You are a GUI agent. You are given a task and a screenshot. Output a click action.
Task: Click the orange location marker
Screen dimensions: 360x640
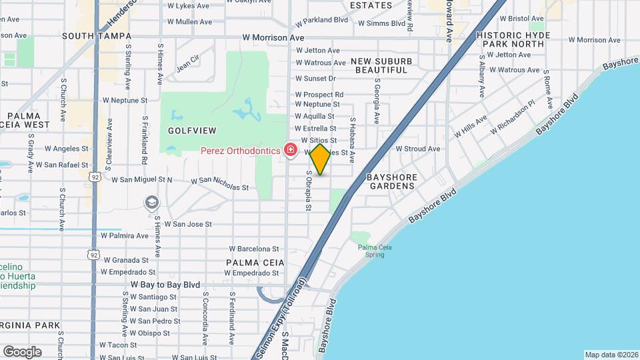(x=321, y=160)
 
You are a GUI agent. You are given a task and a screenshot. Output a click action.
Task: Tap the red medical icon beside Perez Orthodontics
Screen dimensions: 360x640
(x=290, y=151)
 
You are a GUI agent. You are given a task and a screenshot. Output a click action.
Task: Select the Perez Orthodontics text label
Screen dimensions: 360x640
(x=241, y=151)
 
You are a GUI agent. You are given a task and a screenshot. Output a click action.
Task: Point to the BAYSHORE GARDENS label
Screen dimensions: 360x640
(x=391, y=181)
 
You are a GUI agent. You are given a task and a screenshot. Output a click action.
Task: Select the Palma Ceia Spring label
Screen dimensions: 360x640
(x=375, y=251)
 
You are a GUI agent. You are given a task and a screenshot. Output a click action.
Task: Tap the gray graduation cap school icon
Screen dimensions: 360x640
(x=153, y=202)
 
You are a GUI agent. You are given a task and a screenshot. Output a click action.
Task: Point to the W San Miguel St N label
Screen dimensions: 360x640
(x=141, y=180)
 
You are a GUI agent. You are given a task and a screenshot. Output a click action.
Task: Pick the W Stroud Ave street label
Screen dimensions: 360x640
(x=418, y=149)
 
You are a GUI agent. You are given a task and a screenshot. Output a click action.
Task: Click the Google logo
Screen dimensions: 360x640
(x=22, y=352)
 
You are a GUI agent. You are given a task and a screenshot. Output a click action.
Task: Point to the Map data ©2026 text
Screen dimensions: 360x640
(x=611, y=355)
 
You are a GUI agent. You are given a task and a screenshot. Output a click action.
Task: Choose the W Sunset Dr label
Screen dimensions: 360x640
(x=317, y=78)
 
